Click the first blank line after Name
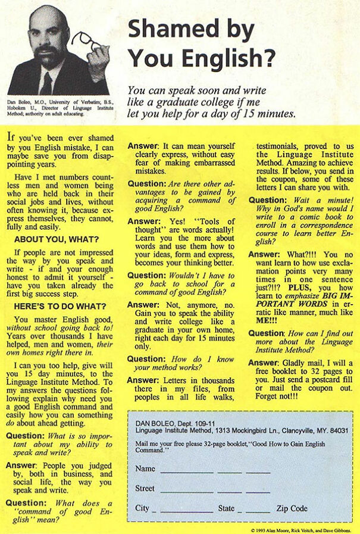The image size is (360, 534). (x=185, y=469)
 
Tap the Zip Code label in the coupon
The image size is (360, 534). (x=292, y=508)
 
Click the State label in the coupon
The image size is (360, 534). (x=226, y=508)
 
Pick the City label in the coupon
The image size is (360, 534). (x=142, y=508)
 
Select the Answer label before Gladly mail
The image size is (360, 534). (x=263, y=363)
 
